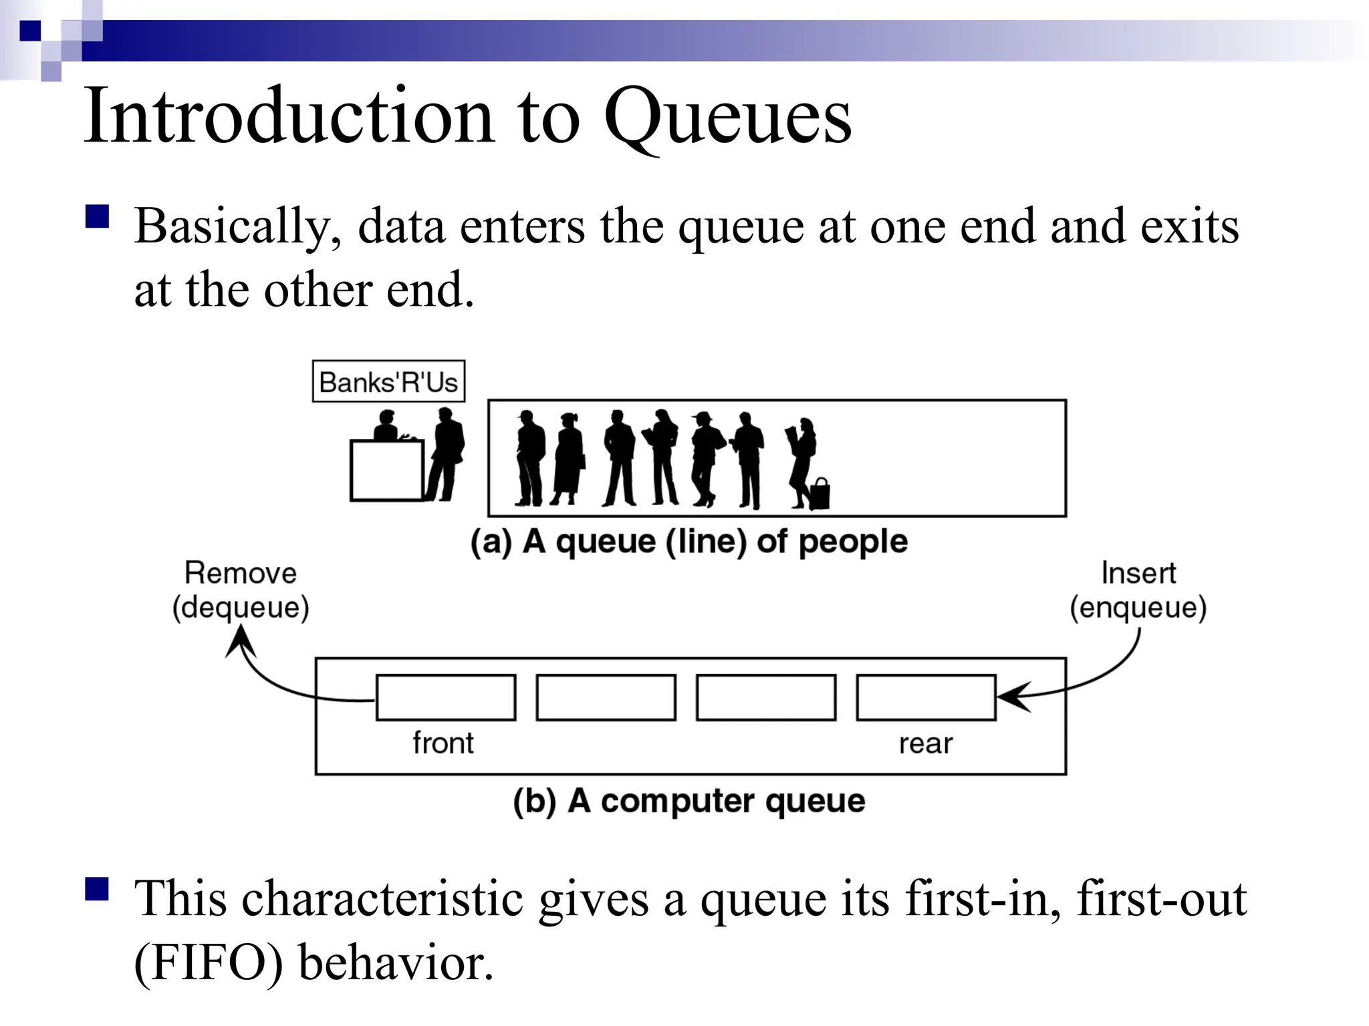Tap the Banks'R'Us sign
pos(388,382)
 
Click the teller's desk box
pos(386,470)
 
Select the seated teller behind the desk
pos(386,426)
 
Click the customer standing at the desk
pos(446,454)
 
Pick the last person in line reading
pos(802,454)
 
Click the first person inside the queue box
pos(531,458)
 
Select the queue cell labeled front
pos(446,697)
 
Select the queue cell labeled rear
pos(926,697)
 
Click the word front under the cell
pos(443,743)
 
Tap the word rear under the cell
pos(925,743)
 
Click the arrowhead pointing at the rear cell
pos(1011,697)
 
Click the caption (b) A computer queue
pos(689,801)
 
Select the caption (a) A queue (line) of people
pos(689,541)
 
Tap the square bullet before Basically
pos(98,217)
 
